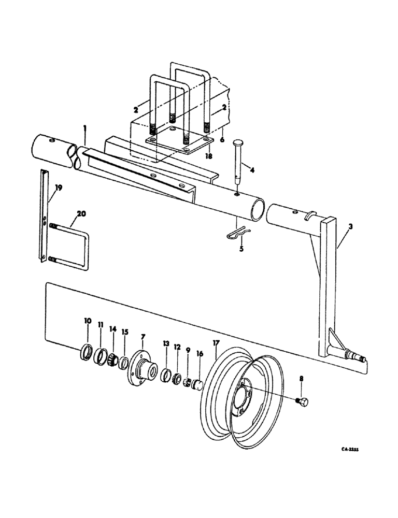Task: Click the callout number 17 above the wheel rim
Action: (215, 342)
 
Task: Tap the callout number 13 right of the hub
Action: (166, 344)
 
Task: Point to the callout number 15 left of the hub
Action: (124, 332)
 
